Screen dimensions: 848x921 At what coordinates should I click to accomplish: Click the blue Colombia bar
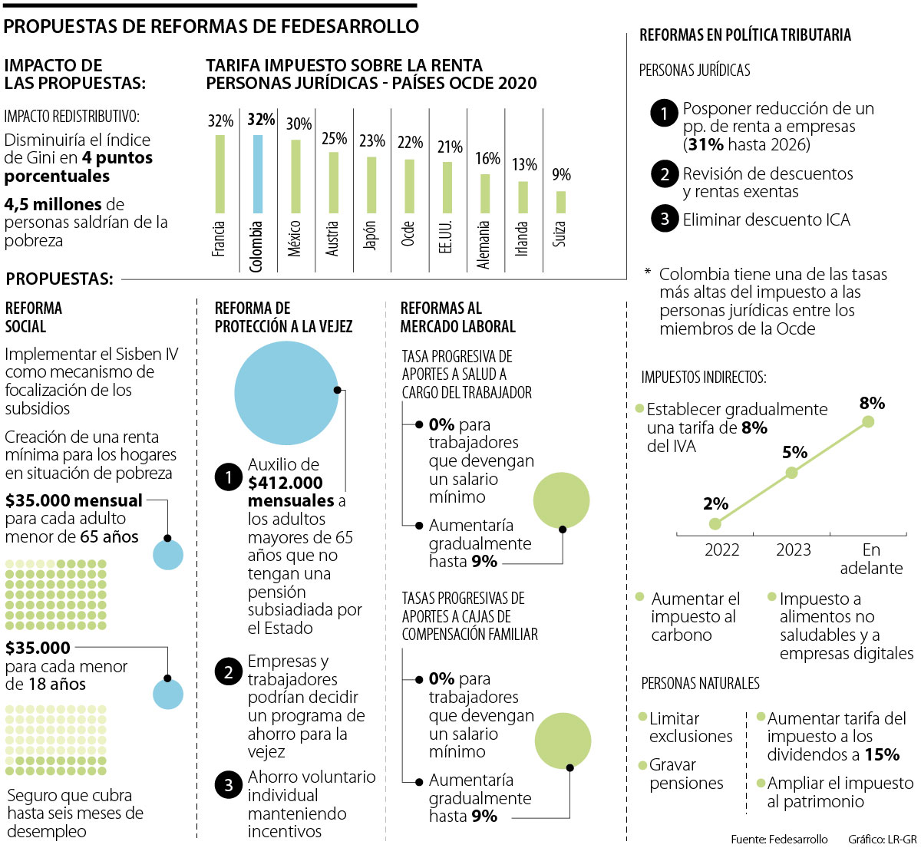pyautogui.click(x=258, y=173)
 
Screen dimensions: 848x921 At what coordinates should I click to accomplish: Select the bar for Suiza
pyautogui.click(x=561, y=202)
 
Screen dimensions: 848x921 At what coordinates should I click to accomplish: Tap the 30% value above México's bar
pyautogui.click(x=299, y=124)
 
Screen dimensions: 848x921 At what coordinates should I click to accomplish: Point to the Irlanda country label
pyautogui.click(x=522, y=239)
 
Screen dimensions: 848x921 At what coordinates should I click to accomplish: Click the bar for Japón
pyautogui.click(x=371, y=185)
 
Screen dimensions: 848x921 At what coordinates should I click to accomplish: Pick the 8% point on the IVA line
pyautogui.click(x=868, y=421)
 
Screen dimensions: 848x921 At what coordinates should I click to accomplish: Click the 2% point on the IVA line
pyautogui.click(x=715, y=524)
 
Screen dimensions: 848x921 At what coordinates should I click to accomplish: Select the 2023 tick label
pyautogui.click(x=794, y=549)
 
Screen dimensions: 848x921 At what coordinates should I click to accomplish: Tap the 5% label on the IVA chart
pyautogui.click(x=794, y=453)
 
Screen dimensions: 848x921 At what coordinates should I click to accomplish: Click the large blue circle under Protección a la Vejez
pyautogui.click(x=286, y=393)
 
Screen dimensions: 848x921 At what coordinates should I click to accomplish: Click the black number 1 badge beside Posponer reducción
pyautogui.click(x=664, y=114)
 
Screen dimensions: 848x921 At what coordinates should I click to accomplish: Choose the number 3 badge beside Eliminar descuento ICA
pyautogui.click(x=664, y=219)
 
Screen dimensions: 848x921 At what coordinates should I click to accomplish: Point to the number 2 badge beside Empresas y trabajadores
pyautogui.click(x=229, y=672)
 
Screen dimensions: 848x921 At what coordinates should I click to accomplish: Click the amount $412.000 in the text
pyautogui.click(x=286, y=483)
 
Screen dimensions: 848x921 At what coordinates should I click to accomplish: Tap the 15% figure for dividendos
pyautogui.click(x=882, y=755)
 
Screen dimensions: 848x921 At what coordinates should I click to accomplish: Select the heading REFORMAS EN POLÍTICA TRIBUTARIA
pyautogui.click(x=745, y=35)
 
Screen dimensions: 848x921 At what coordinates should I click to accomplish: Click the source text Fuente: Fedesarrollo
pyautogui.click(x=779, y=839)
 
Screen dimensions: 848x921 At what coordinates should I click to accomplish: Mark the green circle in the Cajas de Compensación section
pyautogui.click(x=563, y=741)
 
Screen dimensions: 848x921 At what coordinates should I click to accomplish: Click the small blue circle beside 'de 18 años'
pyautogui.click(x=168, y=694)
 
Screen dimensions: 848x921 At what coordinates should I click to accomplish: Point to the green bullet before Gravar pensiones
pyautogui.click(x=643, y=765)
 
